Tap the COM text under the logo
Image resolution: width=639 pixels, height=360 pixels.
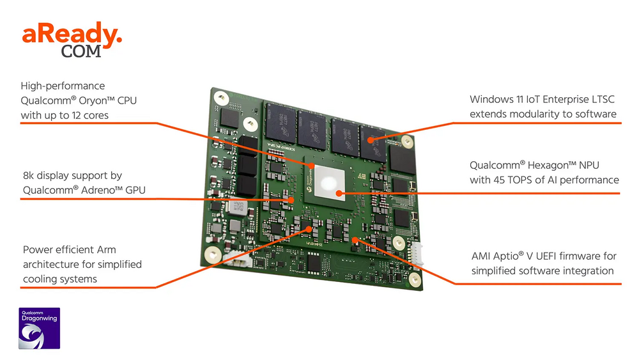pyautogui.click(x=81, y=52)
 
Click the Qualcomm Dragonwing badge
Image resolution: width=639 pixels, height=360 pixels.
pyautogui.click(x=39, y=328)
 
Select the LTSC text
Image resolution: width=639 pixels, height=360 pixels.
pyautogui.click(x=603, y=100)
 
